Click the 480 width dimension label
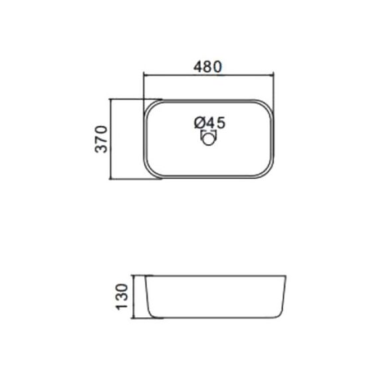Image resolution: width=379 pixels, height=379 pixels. (x=207, y=66)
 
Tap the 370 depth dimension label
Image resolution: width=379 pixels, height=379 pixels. (x=101, y=139)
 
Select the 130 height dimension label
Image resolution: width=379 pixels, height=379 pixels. (x=122, y=297)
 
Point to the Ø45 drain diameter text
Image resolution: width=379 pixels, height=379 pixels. (x=209, y=122)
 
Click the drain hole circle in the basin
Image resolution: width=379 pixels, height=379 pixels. (x=208, y=139)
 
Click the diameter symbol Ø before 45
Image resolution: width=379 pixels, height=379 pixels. (x=199, y=122)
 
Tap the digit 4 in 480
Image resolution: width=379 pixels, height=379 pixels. (x=198, y=66)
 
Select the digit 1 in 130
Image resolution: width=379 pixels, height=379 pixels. (x=122, y=307)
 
